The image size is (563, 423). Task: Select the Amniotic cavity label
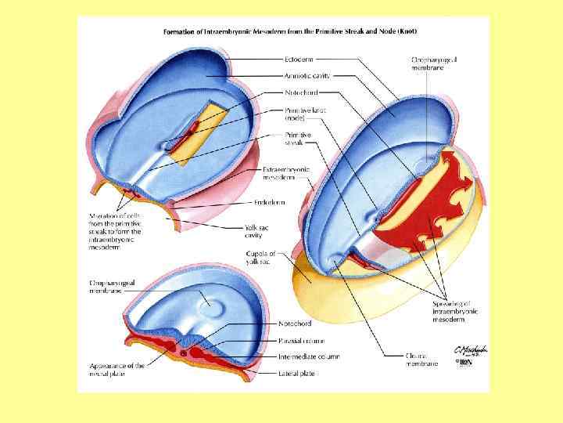tap(307, 75)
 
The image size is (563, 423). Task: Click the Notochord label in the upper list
tap(301, 92)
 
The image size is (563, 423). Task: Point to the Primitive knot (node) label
tap(306, 114)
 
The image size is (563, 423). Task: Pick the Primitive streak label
tap(298, 139)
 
